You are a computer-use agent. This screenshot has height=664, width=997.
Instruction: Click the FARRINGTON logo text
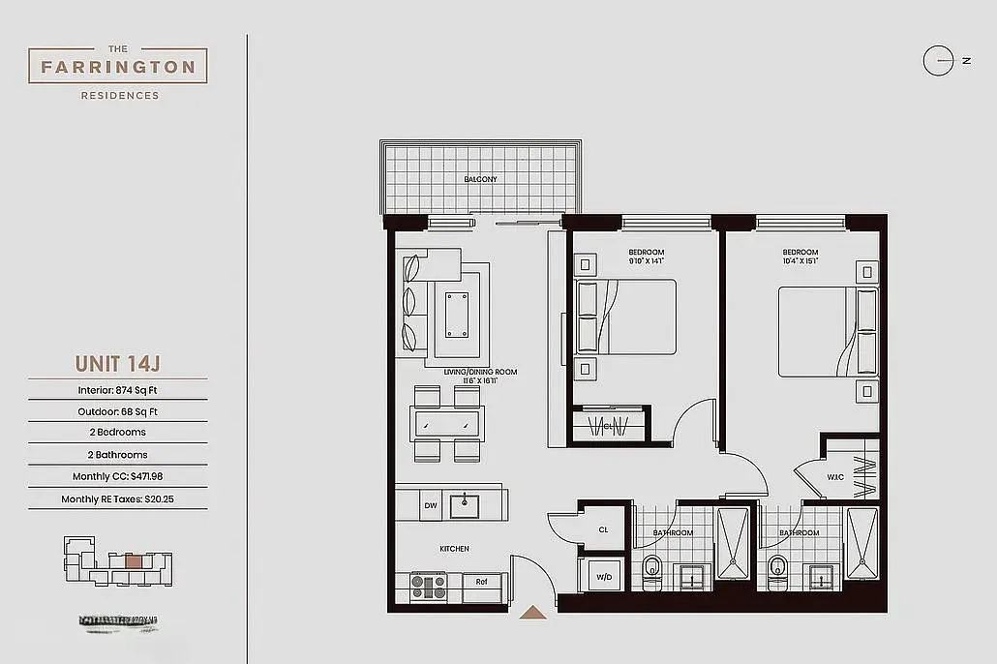click(118, 68)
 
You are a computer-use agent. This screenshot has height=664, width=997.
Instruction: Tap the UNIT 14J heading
click(117, 364)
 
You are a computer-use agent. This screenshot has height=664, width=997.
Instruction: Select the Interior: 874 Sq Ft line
click(117, 390)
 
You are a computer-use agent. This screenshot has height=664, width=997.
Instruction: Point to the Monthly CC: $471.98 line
click(117, 476)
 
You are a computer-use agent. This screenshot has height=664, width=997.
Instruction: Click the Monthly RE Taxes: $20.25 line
click(117, 499)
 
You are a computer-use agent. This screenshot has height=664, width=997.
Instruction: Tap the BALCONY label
click(480, 179)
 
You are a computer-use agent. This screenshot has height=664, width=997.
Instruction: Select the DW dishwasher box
click(431, 504)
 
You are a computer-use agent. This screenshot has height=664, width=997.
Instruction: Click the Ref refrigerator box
click(481, 582)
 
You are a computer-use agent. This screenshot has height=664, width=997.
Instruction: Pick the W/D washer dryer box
click(604, 577)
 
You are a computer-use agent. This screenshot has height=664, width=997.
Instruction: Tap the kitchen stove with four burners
click(428, 587)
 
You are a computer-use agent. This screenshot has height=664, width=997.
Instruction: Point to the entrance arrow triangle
click(531, 612)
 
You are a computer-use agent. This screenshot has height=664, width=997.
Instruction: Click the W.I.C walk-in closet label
click(834, 475)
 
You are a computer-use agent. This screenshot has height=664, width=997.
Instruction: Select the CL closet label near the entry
click(603, 529)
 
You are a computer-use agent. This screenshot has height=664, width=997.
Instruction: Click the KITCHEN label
click(454, 549)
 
